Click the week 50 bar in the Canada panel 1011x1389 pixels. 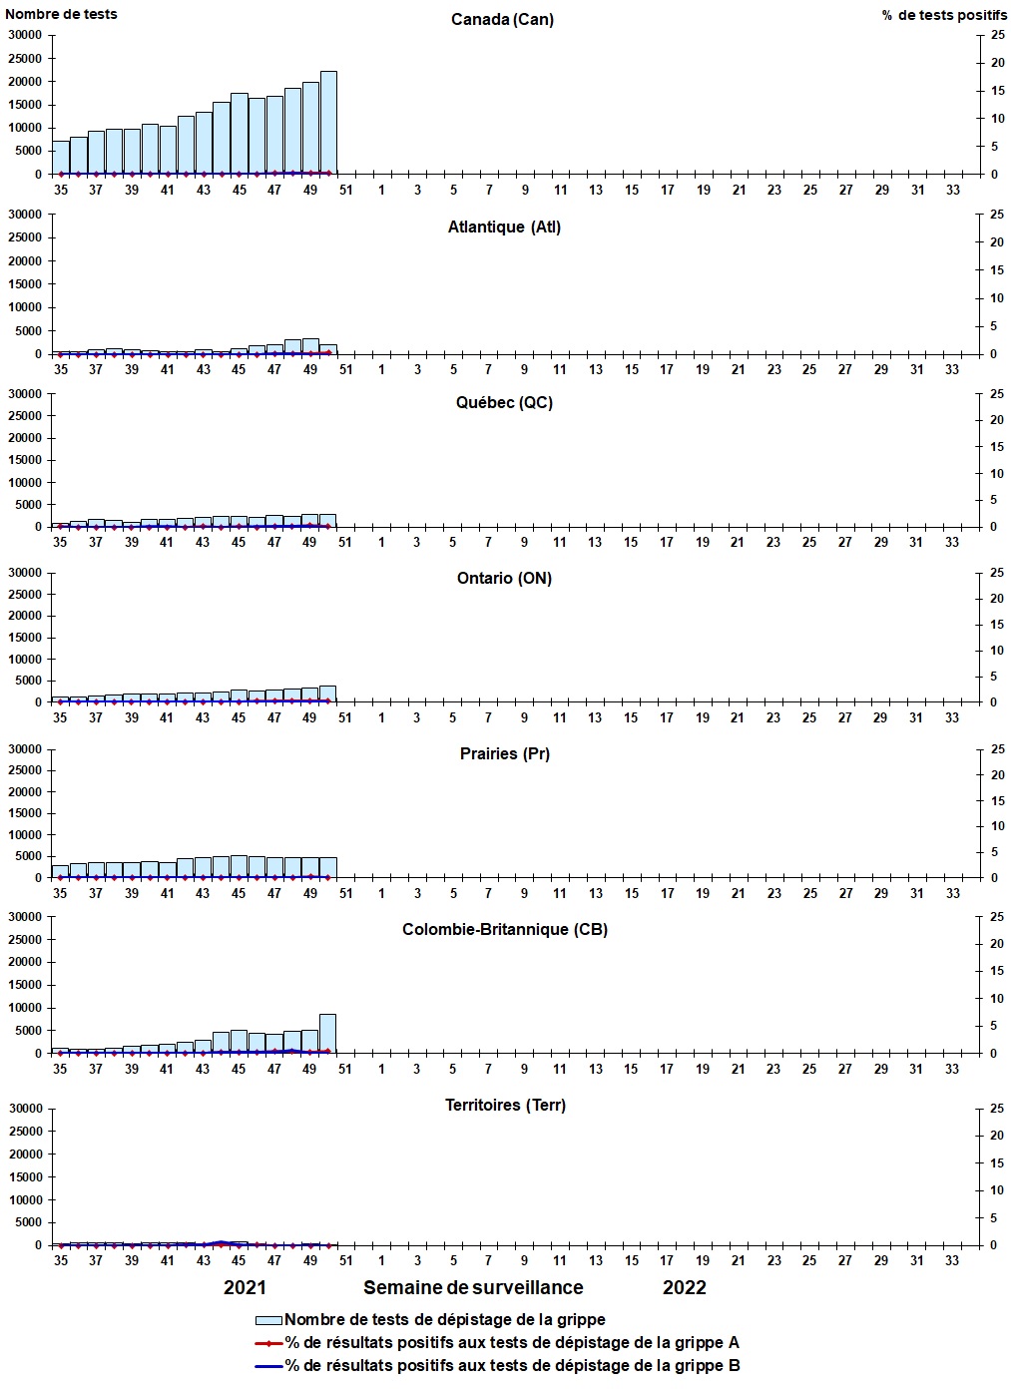[x=328, y=123]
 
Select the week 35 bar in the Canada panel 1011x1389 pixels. [x=61, y=158]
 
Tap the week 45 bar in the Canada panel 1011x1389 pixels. [x=240, y=134]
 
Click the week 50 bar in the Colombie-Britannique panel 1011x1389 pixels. [x=327, y=1034]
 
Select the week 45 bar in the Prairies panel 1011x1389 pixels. [x=240, y=866]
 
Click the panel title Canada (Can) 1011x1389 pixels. [x=502, y=20]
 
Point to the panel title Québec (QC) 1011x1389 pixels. [x=504, y=402]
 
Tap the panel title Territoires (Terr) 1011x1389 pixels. [x=505, y=1105]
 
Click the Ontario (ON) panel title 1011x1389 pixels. [x=504, y=578]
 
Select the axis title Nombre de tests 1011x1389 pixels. [x=61, y=14]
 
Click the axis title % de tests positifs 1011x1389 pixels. [x=944, y=15]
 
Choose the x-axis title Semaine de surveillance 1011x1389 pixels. [x=473, y=1287]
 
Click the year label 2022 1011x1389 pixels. [x=685, y=1287]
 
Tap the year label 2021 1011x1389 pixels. [x=245, y=1287]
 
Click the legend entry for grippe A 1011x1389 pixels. [x=512, y=1343]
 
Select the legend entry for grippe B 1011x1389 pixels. [x=512, y=1366]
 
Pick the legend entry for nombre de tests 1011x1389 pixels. [x=445, y=1320]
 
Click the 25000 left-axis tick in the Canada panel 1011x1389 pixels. [x=25, y=58]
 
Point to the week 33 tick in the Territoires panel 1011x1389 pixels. [x=952, y=1260]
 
